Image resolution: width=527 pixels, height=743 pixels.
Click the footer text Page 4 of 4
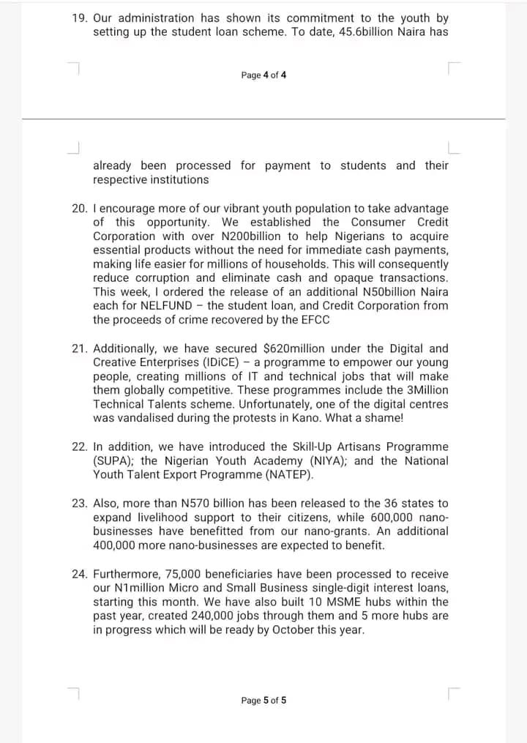(x=263, y=75)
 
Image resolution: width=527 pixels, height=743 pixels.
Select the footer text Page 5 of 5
(x=263, y=701)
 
